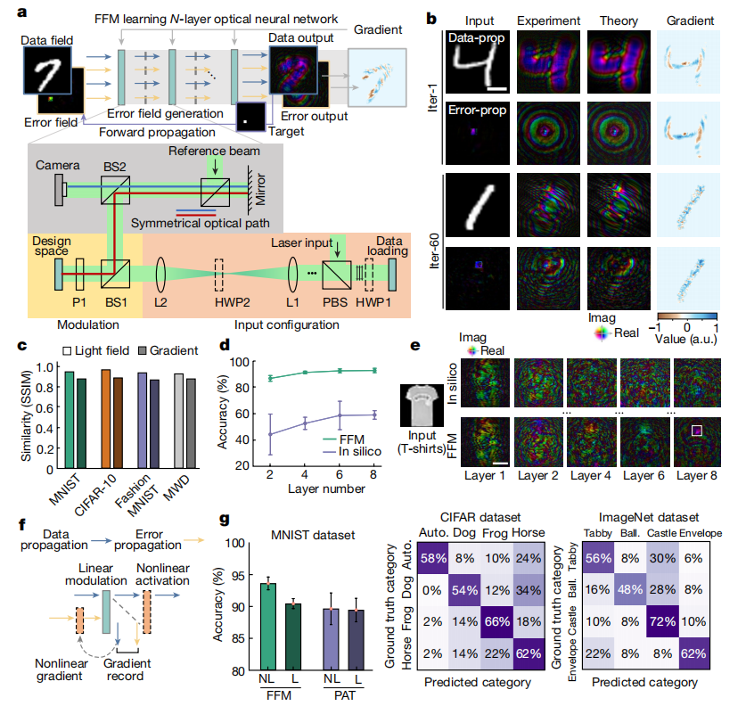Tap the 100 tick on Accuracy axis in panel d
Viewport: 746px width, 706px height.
[234, 362]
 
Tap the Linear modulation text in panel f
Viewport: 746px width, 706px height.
[96, 574]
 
